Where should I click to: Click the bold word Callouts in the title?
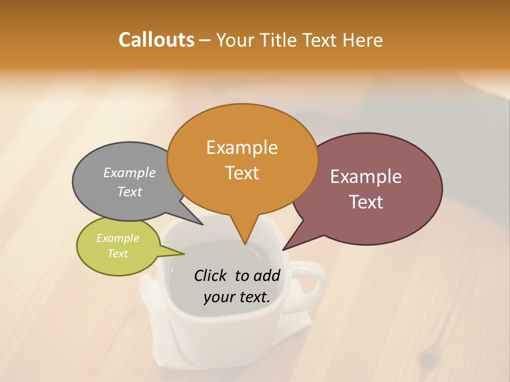pos(156,40)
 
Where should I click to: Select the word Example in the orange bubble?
pos(242,147)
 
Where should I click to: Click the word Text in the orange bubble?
pos(242,173)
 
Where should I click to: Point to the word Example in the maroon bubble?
pos(366,177)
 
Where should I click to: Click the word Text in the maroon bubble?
pos(366,202)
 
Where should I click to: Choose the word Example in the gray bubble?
pos(130,173)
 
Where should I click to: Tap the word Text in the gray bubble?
pos(130,192)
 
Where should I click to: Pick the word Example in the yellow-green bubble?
pos(117,238)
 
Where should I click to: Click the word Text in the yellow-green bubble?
pos(117,254)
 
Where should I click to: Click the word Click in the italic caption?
pos(211,275)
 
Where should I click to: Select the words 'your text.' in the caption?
pos(237,297)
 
